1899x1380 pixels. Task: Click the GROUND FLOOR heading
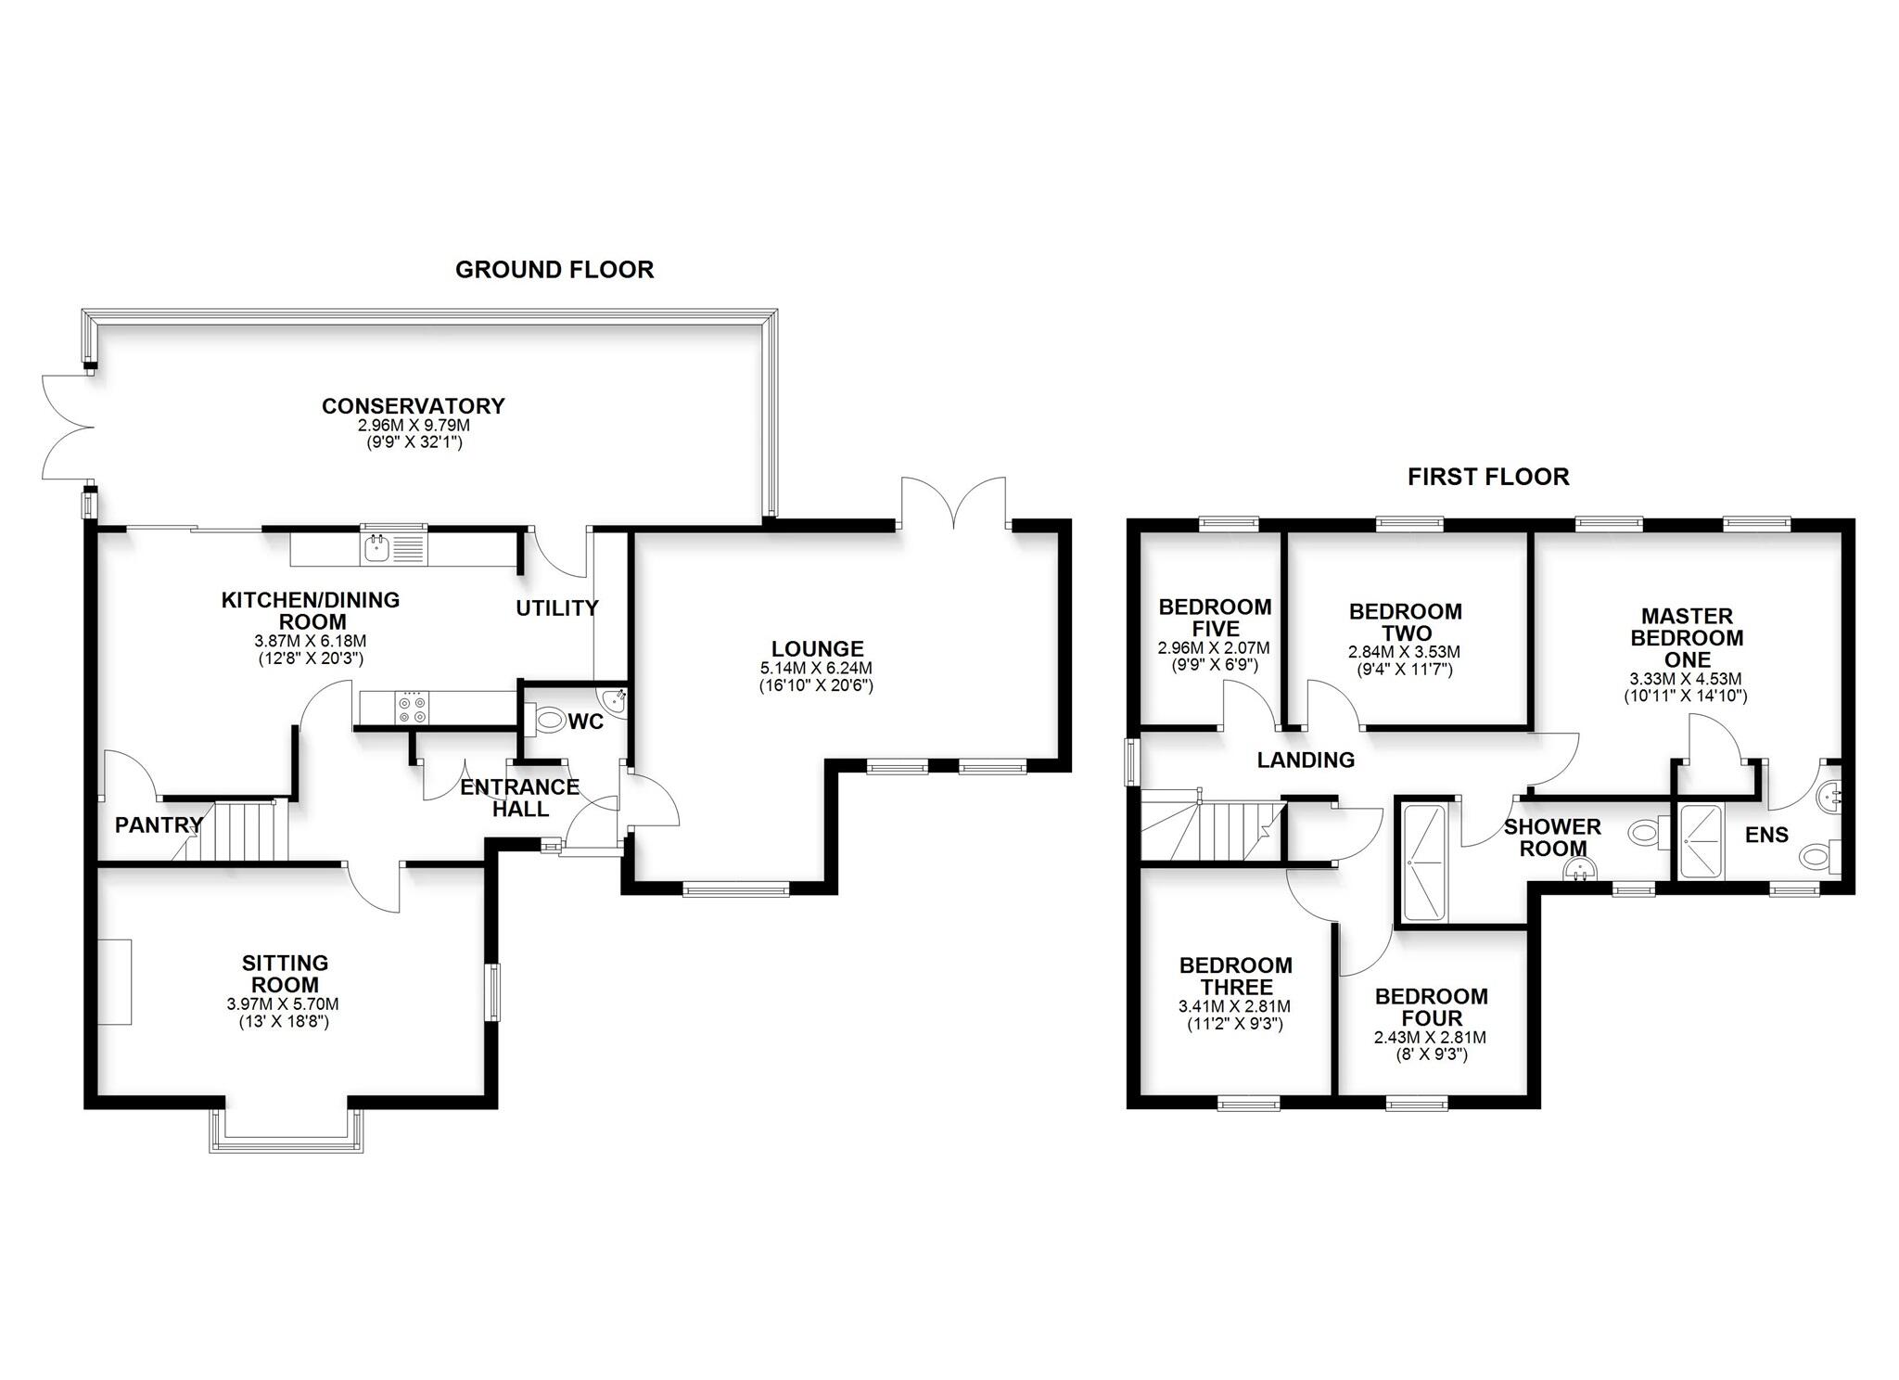(554, 270)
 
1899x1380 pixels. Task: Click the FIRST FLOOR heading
(1487, 477)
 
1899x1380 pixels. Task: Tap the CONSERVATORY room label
(413, 406)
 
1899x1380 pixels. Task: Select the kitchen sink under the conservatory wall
(377, 549)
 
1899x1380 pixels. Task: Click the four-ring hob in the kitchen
(413, 709)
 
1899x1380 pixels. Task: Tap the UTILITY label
(556, 608)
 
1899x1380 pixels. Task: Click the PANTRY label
(159, 824)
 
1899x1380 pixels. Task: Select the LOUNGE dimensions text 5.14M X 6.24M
(817, 668)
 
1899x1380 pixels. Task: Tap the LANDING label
(1306, 760)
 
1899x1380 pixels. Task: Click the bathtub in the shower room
(1425, 863)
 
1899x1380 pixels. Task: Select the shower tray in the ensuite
(1700, 840)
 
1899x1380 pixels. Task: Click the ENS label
(1766, 835)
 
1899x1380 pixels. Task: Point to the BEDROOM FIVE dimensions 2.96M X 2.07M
(1214, 648)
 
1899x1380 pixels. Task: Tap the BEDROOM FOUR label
(1431, 1006)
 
